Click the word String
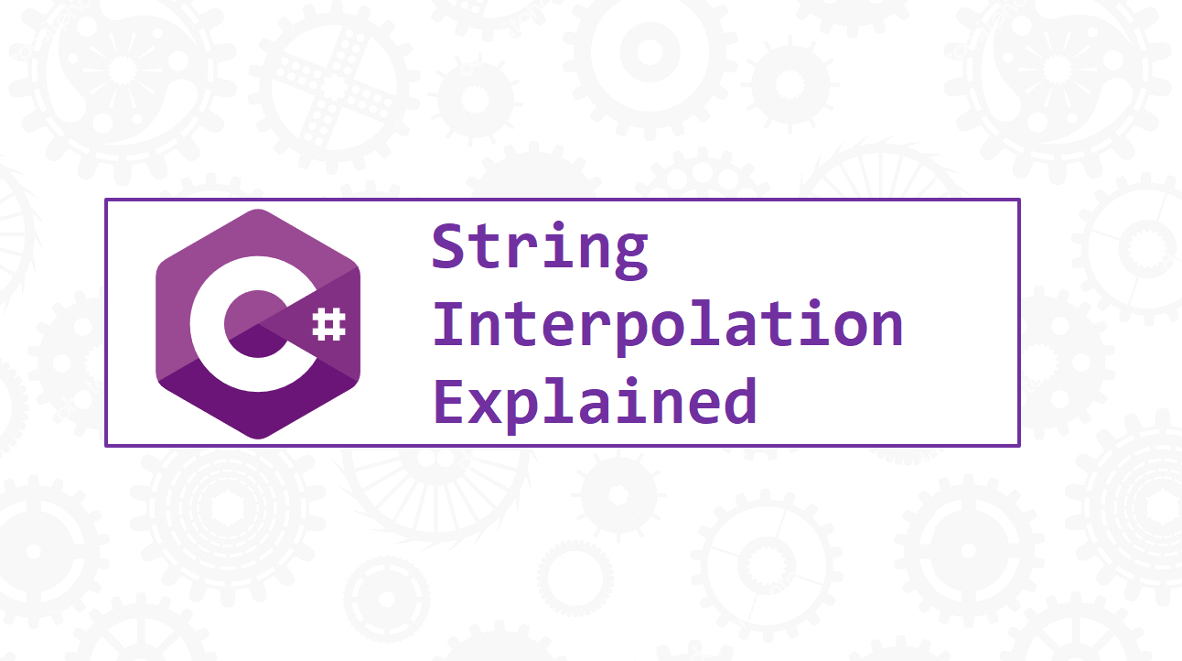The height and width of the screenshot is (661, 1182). [540, 248]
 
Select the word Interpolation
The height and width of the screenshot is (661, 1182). [668, 326]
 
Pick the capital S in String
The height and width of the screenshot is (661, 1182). [450, 247]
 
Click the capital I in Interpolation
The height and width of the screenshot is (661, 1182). [450, 324]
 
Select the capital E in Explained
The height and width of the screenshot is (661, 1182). [450, 401]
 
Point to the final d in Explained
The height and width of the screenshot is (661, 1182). [738, 402]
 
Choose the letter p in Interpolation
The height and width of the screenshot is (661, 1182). [631, 331]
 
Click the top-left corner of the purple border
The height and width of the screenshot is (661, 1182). [106, 200]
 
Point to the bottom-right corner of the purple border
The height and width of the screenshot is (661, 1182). [1018, 445]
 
